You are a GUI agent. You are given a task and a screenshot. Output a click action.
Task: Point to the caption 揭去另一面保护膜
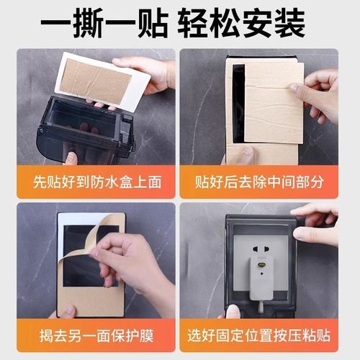pyautogui.click(x=90, y=336)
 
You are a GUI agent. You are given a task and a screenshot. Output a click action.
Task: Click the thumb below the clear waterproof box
pyautogui.click(x=72, y=158)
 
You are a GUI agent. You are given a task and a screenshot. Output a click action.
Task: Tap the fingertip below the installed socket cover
pyautogui.click(x=232, y=311)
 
